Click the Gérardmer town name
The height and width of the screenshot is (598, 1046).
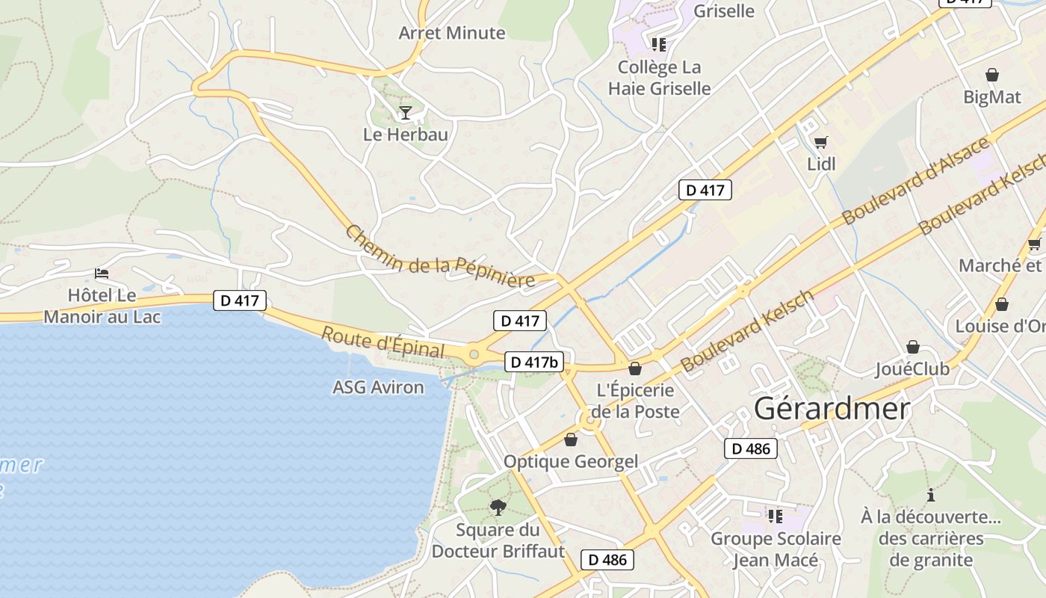click(832, 409)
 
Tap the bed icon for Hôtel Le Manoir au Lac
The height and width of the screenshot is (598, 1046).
click(102, 274)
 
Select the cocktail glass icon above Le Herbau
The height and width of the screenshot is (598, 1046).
click(406, 113)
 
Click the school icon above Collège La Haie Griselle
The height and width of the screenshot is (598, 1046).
click(658, 45)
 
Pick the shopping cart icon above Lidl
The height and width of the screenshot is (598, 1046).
click(821, 142)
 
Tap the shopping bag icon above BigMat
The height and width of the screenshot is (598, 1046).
click(992, 75)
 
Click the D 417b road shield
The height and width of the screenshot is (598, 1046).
click(534, 363)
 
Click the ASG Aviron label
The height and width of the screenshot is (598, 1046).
click(378, 387)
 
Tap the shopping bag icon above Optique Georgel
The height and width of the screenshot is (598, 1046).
click(571, 440)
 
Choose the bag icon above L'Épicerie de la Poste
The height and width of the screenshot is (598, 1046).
click(635, 369)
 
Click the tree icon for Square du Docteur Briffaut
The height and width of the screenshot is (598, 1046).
click(498, 508)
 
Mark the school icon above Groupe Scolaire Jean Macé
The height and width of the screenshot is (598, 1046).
click(775, 516)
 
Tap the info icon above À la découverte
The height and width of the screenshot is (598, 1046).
click(931, 495)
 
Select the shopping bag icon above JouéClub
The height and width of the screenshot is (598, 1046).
click(912, 347)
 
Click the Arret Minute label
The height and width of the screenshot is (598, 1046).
click(452, 33)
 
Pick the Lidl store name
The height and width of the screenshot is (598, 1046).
click(821, 164)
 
